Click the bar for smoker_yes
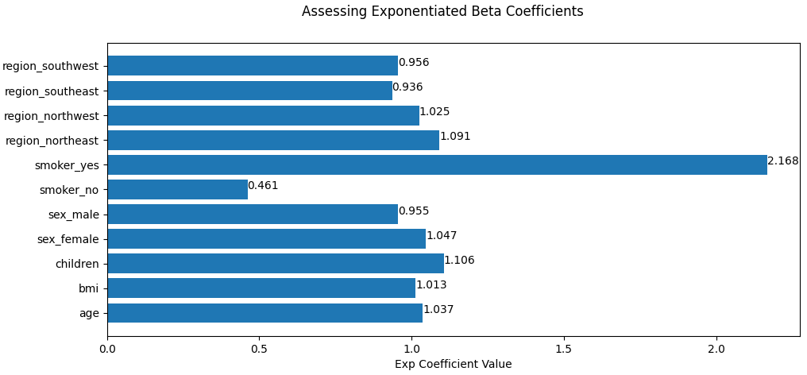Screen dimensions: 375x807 tap(437, 164)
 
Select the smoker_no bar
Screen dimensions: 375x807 tap(177, 189)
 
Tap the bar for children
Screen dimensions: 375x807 tap(275, 264)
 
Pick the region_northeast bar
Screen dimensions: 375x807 tap(272, 140)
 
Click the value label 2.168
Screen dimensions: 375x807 tap(782, 161)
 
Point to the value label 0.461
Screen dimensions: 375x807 tap(263, 186)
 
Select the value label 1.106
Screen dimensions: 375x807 tap(459, 261)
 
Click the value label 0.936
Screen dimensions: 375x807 tap(407, 87)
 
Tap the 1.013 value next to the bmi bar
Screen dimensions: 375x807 tap(431, 285)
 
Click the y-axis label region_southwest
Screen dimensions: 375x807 tap(51, 66)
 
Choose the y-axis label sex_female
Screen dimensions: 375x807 tap(68, 239)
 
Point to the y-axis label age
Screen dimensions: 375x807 tap(89, 314)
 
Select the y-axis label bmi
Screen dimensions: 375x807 tap(89, 288)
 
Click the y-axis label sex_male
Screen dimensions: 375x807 tap(74, 215)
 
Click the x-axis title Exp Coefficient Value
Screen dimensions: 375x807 tap(453, 365)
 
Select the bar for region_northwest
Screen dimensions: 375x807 tap(263, 115)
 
